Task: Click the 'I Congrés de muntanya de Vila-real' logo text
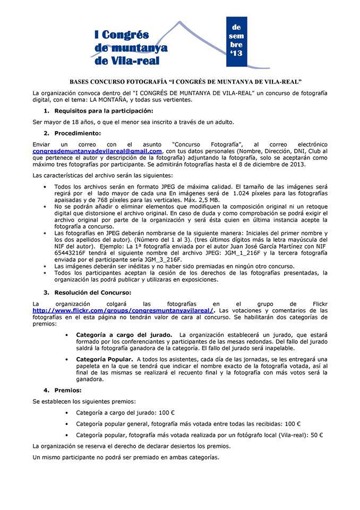131,48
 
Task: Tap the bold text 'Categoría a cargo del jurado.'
124,335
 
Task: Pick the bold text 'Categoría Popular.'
105,359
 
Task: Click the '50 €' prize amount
317,435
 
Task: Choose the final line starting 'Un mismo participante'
125,457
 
